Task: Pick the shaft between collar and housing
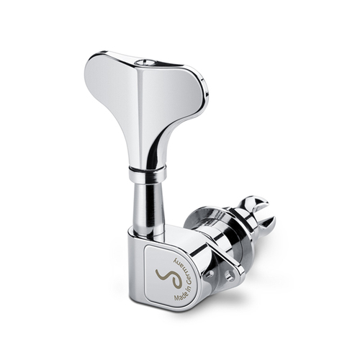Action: (x=146, y=204)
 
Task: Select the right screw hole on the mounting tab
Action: (x=230, y=276)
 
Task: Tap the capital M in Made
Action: (x=176, y=297)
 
